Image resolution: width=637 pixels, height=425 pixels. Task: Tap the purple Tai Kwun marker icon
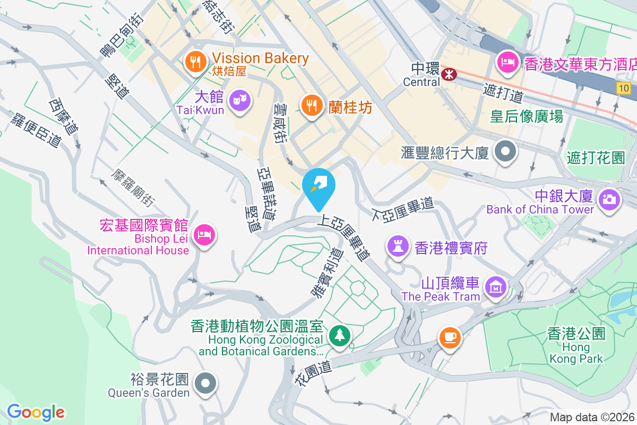pos(240,100)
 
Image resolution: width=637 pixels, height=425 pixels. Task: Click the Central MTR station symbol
pos(449,75)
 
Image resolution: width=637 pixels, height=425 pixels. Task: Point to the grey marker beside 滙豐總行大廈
pos(505,152)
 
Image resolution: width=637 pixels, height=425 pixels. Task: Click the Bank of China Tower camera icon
pos(609,200)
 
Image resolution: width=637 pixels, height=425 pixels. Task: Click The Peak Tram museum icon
pos(495,287)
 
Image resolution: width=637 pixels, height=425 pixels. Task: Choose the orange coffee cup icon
pos(449,337)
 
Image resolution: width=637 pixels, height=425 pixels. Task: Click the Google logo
pos(36,412)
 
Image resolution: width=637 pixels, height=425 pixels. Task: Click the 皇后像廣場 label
pos(526,116)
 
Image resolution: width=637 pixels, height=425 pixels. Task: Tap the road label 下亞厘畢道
pos(403,210)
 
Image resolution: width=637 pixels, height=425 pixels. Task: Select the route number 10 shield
pos(624,88)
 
